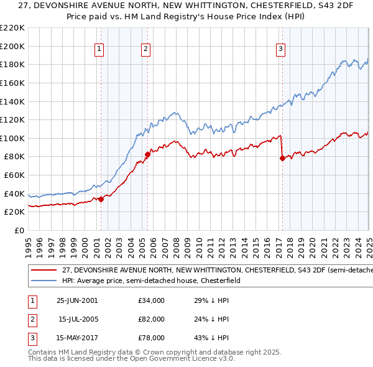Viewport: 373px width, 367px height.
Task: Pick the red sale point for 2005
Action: [x=147, y=154]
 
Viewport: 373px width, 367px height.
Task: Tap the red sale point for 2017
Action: [x=282, y=158]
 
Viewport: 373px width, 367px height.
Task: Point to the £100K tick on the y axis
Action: [x=14, y=138]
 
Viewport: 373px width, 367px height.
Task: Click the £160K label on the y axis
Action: [x=14, y=83]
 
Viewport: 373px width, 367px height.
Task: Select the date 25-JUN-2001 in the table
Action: [x=77, y=300]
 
